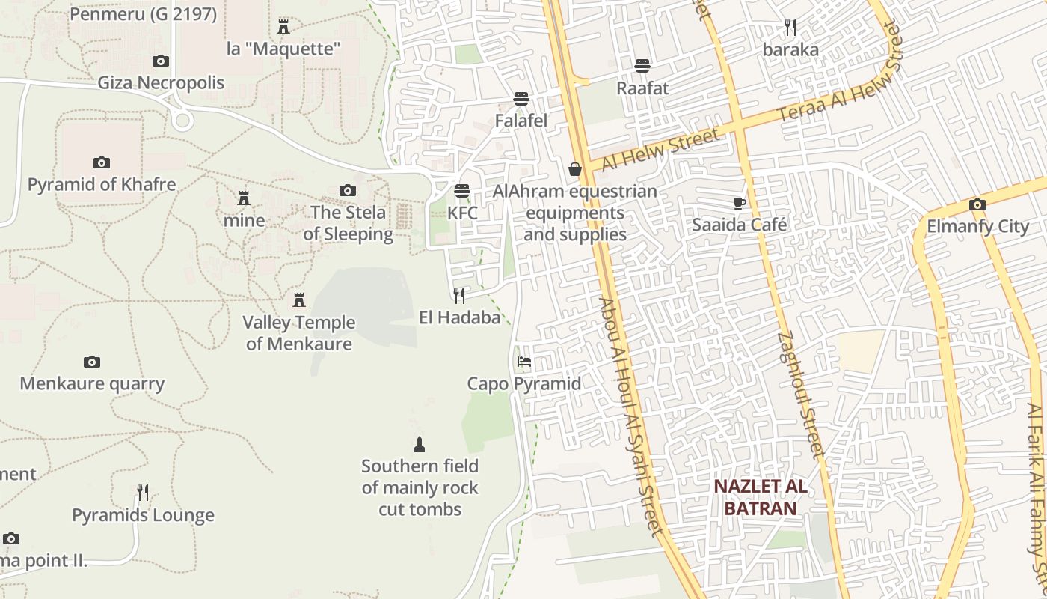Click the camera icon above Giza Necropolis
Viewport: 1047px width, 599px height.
point(161,61)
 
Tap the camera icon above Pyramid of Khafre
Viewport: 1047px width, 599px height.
point(102,162)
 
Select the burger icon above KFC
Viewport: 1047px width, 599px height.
point(462,191)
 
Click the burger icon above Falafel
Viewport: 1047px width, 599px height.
point(521,99)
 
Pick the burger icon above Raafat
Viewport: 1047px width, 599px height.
point(642,66)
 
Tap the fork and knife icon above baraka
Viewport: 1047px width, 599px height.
point(790,28)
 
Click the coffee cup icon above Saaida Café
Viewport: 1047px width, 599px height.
point(740,202)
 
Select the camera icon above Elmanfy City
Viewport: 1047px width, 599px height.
point(977,204)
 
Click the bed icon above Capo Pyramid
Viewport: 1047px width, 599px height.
point(524,362)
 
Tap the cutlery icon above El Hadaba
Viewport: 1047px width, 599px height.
point(459,296)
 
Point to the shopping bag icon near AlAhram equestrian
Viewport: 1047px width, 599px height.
point(575,169)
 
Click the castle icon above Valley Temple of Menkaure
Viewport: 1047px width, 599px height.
point(299,300)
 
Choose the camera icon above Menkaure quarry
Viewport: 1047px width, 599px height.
point(92,362)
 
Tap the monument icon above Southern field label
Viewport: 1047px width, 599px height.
point(420,444)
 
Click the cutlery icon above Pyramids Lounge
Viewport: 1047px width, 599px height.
point(143,493)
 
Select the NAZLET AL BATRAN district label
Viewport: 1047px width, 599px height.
point(760,496)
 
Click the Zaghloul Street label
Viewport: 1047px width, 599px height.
point(801,395)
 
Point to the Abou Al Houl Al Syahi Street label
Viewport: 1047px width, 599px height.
point(631,417)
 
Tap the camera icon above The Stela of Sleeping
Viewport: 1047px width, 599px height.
point(348,191)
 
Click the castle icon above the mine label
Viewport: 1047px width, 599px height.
point(244,198)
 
